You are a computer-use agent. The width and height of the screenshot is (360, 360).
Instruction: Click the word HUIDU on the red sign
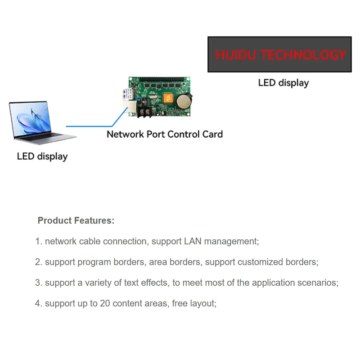(236, 55)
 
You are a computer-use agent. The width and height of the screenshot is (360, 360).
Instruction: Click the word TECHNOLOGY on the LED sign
(303, 55)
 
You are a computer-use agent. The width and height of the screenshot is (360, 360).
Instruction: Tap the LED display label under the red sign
(283, 83)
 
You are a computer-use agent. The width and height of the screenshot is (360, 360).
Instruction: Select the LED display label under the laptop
(42, 157)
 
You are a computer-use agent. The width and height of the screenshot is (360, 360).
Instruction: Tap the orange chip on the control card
(168, 98)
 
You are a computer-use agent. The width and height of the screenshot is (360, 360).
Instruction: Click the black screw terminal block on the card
(144, 112)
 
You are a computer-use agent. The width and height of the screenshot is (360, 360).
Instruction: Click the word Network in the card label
(126, 134)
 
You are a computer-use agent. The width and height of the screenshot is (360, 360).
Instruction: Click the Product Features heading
(76, 220)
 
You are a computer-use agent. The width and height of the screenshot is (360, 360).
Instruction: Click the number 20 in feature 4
(105, 303)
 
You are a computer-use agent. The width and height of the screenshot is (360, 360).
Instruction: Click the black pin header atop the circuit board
(162, 79)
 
